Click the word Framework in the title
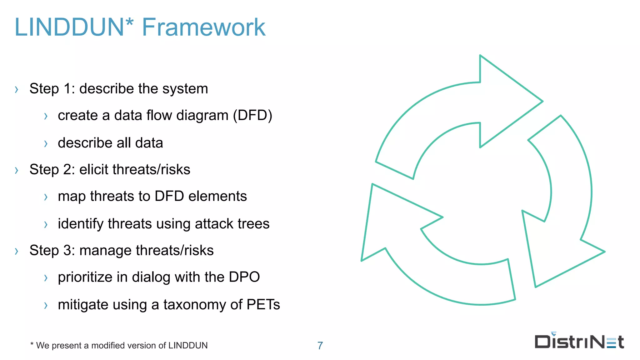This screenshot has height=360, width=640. click(x=203, y=27)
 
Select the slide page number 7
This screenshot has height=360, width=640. click(x=320, y=346)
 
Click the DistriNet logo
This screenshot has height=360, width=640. click(x=579, y=341)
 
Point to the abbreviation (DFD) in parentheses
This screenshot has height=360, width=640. click(x=252, y=115)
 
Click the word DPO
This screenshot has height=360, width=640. click(x=244, y=277)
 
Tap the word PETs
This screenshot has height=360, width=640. click(x=263, y=305)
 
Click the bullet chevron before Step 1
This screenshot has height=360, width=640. click(x=17, y=90)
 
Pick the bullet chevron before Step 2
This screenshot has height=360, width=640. click(x=17, y=170)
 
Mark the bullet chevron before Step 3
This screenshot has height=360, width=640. click(x=17, y=251)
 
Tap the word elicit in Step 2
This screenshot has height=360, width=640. click(x=94, y=170)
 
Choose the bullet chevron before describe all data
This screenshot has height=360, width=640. click(x=46, y=144)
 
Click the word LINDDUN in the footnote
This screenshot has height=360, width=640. click(x=188, y=346)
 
